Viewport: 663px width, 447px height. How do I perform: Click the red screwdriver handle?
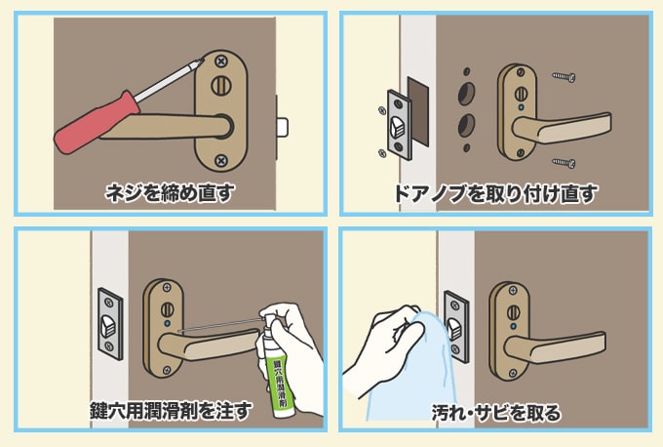[97, 122]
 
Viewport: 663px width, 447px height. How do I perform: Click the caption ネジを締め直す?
[170, 192]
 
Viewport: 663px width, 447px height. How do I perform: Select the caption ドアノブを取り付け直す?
[495, 194]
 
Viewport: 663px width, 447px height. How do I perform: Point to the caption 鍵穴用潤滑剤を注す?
[172, 410]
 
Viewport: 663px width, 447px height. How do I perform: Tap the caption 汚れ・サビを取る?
[496, 412]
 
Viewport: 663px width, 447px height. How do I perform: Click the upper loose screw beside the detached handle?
[564, 77]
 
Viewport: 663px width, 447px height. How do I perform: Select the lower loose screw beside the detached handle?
[564, 162]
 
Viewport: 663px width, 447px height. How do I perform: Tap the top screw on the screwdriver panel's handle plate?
[220, 61]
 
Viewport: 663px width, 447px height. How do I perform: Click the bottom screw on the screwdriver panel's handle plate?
[220, 160]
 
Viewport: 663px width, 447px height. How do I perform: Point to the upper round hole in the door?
[466, 94]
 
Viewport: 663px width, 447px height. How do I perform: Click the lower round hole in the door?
[466, 125]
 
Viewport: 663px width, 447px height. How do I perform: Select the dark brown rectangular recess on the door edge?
[418, 111]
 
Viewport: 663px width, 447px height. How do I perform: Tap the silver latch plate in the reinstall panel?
[399, 125]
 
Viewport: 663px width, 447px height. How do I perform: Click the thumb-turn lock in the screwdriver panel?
[221, 86]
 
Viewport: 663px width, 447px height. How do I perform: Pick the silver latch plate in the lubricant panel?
[110, 324]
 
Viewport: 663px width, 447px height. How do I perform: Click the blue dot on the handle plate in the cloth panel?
[514, 326]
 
